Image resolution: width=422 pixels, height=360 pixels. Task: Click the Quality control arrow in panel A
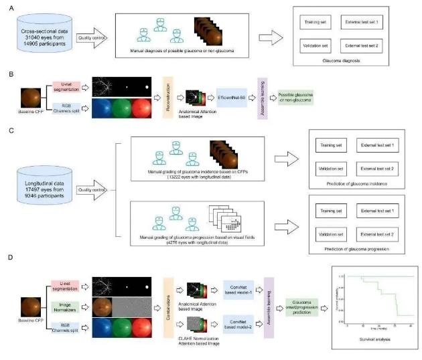click(91, 39)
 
